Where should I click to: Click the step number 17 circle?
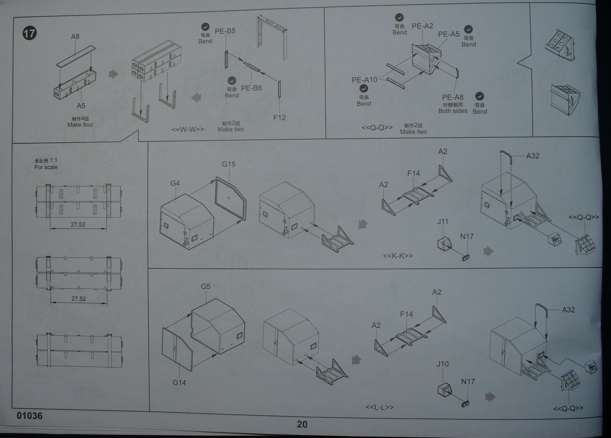(x=29, y=33)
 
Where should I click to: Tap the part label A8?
(x=75, y=37)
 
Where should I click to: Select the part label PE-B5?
(x=225, y=31)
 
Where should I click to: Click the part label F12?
(x=279, y=117)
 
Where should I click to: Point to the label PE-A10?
(x=364, y=80)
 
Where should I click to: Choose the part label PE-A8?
(x=453, y=97)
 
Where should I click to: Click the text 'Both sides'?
(x=453, y=111)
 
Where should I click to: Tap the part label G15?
(x=228, y=164)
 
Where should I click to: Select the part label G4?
(x=175, y=183)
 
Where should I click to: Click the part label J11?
(x=443, y=222)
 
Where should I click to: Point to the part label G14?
(x=179, y=382)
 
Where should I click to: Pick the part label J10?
(x=442, y=364)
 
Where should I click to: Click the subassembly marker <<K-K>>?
(x=398, y=256)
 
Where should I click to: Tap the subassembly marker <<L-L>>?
(x=380, y=407)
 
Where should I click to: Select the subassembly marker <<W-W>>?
(x=188, y=130)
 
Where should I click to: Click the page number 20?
(x=302, y=424)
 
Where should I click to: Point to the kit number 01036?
(x=30, y=416)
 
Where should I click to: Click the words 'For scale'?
(x=46, y=167)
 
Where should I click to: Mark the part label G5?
(x=206, y=286)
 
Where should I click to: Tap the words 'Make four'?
(x=80, y=125)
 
